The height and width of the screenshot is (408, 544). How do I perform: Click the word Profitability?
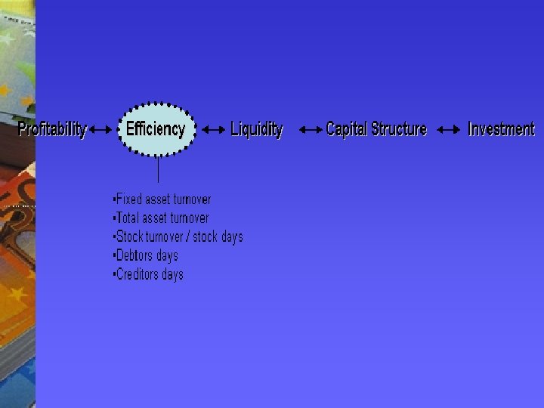point(52,129)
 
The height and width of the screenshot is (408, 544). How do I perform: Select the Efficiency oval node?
point(156,129)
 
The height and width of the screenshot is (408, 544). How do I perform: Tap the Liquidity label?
point(257,130)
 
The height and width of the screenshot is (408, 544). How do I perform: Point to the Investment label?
point(501,129)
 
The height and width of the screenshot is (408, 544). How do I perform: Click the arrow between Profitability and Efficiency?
point(100,130)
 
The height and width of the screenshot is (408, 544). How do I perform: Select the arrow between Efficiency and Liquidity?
point(214,130)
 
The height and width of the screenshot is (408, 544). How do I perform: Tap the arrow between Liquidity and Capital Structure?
point(311,130)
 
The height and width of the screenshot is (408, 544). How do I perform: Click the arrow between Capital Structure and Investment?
point(449,130)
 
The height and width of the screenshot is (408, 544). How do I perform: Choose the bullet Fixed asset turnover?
point(162,199)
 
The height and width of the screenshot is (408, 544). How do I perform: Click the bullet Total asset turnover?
point(161,218)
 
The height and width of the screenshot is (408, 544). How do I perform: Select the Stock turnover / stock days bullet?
point(178,237)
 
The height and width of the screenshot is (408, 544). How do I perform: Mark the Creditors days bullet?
point(148,275)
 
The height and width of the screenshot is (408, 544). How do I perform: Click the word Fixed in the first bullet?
point(128,199)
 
